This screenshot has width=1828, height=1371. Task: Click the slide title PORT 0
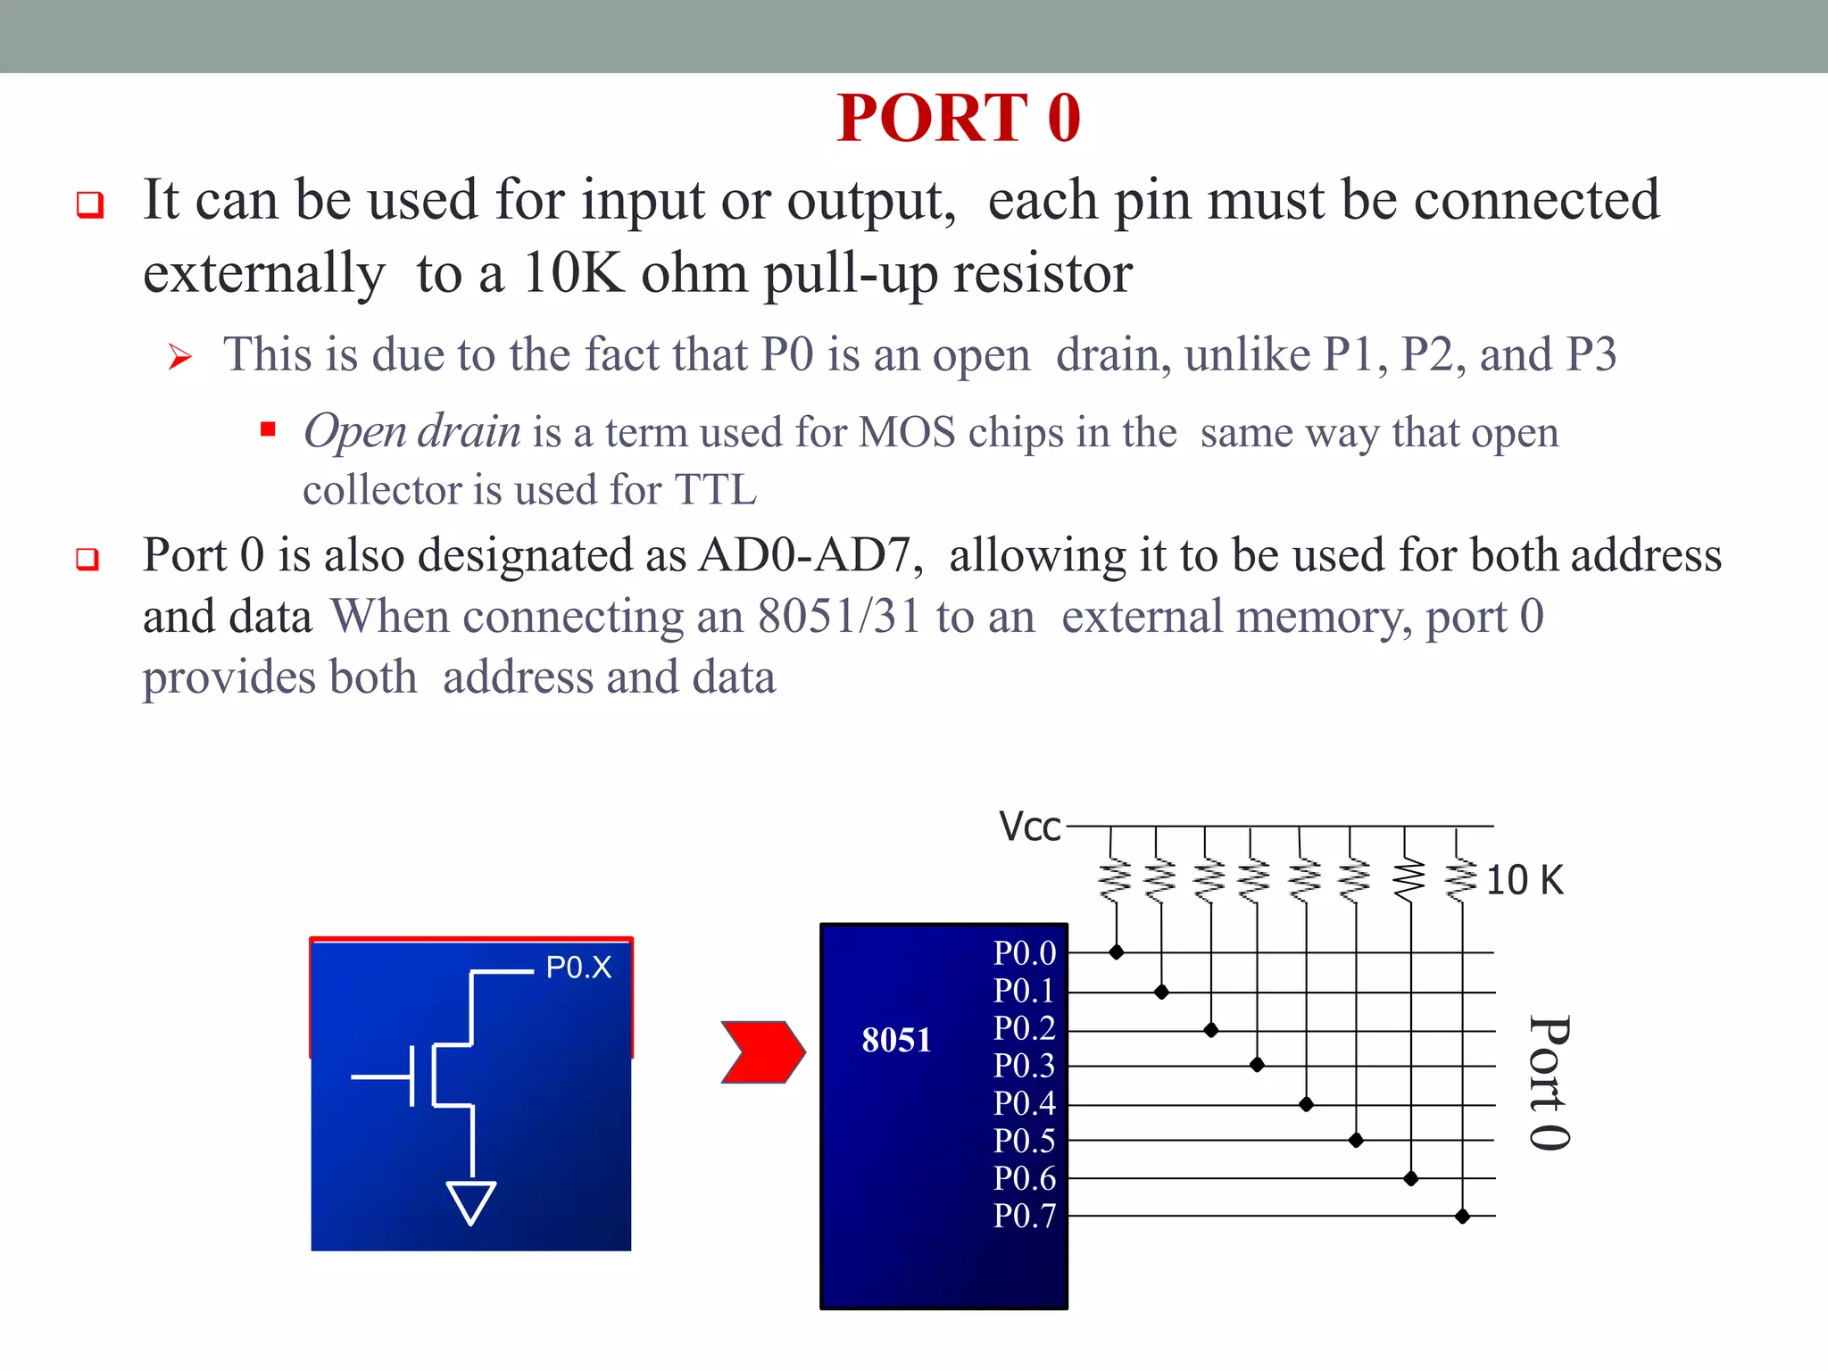(959, 118)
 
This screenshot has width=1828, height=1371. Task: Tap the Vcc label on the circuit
(1029, 827)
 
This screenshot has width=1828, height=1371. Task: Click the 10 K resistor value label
(1525, 880)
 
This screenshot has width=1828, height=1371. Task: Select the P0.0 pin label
(1025, 953)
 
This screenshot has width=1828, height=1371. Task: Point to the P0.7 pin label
(1025, 1216)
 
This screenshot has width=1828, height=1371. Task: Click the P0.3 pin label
(1025, 1066)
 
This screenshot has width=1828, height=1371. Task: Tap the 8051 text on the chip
(896, 1040)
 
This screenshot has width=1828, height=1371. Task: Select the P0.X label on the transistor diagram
(578, 968)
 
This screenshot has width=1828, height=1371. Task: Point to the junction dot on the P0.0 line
(1116, 952)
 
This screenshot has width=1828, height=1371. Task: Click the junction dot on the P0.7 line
(1462, 1216)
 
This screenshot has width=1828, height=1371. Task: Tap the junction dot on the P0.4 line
(1306, 1105)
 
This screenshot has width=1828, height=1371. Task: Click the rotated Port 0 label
(1550, 1083)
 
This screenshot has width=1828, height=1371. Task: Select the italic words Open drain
(411, 432)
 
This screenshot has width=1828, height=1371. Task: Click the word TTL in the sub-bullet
(715, 490)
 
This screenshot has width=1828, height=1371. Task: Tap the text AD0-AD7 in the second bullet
(809, 555)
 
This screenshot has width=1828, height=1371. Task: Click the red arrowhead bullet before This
(180, 358)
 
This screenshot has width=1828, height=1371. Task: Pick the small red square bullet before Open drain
(268, 429)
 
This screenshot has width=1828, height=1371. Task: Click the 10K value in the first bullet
(572, 273)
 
